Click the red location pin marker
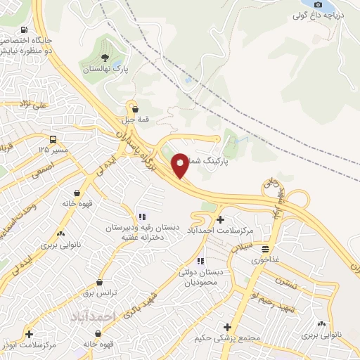point(181,165)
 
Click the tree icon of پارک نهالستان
point(105,58)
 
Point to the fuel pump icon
point(25,30)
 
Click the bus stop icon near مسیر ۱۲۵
point(53,139)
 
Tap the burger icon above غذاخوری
point(265,249)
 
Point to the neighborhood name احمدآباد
point(92,318)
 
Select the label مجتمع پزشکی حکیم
point(229,338)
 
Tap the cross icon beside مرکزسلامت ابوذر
point(29,334)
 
